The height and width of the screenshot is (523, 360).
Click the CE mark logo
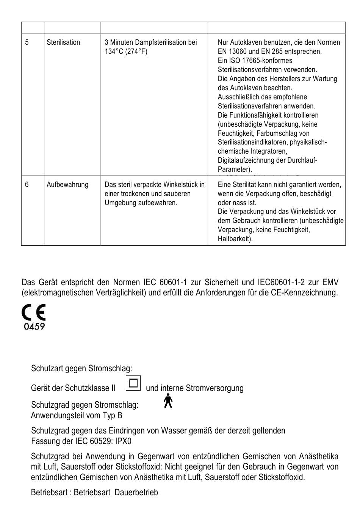pyautogui.click(x=33, y=313)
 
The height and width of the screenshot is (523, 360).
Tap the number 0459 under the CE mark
pyautogui.click(x=34, y=327)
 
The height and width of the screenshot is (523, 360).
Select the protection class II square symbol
pyautogui.click(x=133, y=383)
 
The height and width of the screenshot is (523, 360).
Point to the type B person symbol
pyautogui.click(x=168, y=401)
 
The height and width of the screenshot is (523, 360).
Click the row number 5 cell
pyautogui.click(x=27, y=42)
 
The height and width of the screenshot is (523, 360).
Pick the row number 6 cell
pyautogui.click(x=27, y=185)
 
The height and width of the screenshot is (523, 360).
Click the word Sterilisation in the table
pyautogui.click(x=63, y=42)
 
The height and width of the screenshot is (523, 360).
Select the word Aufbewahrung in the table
pyautogui.click(x=67, y=185)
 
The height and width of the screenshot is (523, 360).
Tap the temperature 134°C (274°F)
pyautogui.click(x=126, y=52)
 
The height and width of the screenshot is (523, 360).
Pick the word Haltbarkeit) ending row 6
pyautogui.click(x=235, y=239)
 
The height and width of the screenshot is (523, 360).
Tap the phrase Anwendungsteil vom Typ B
pyautogui.click(x=77, y=415)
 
